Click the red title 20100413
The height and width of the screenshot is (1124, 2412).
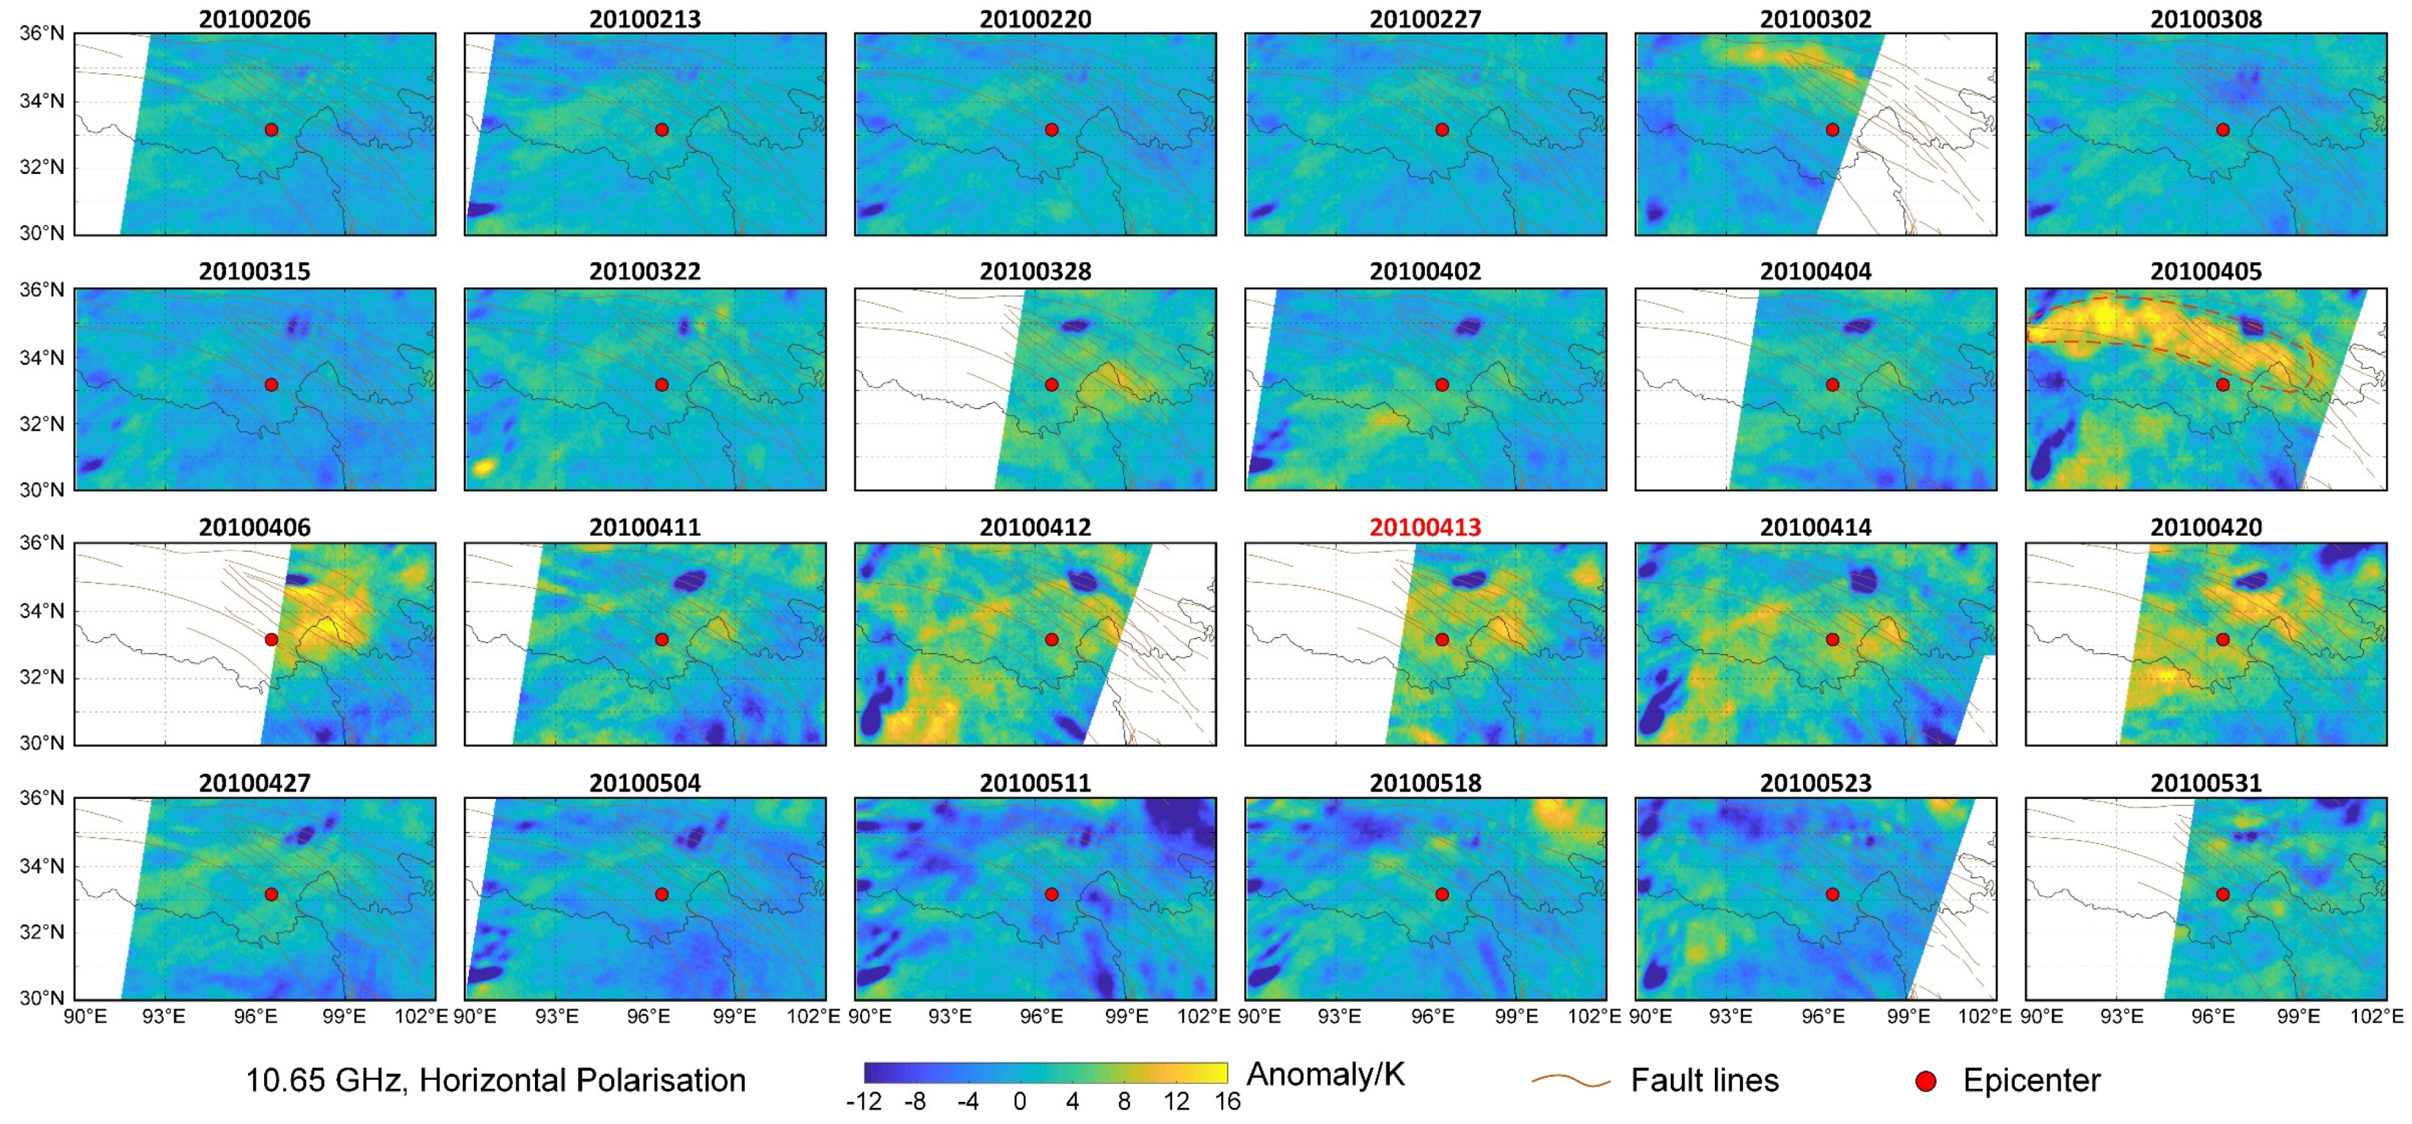pos(1425,527)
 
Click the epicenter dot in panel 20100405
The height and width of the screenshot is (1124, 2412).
pos(2223,385)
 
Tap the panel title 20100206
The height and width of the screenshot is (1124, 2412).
pos(254,19)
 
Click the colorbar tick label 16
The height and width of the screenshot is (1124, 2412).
pos(1227,1101)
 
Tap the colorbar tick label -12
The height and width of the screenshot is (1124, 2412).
pos(863,1101)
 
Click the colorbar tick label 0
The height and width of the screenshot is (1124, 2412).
pos(1020,1101)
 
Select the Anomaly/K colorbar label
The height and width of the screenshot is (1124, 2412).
pos(1326,1074)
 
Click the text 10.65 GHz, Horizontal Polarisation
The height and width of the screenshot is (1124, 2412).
pos(495,1080)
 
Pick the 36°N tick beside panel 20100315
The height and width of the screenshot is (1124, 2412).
pos(42,289)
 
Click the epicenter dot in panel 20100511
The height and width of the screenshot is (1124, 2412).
pos(1052,894)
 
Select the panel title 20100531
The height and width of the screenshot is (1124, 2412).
pos(2206,783)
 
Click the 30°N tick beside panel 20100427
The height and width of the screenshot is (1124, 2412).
pos(42,998)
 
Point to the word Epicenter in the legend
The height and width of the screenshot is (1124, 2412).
pos(2032,1080)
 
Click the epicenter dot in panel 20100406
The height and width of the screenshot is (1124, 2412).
pos(272,640)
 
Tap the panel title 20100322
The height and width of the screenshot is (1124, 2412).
pos(645,272)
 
